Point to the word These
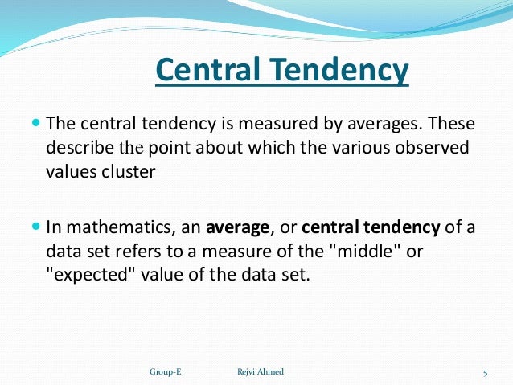click(451, 125)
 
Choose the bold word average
click(238, 227)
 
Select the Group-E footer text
click(165, 371)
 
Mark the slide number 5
click(486, 371)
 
